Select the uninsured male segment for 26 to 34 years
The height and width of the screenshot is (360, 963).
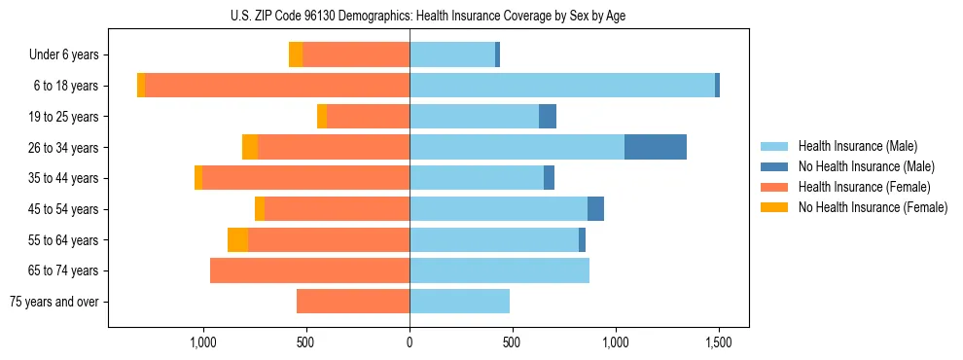[656, 147]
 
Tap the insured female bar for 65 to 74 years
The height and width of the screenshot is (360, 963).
[309, 270]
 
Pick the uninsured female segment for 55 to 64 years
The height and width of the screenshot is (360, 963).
[237, 239]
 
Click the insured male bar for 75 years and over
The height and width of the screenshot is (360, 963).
[459, 302]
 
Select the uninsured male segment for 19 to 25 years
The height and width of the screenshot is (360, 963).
[548, 117]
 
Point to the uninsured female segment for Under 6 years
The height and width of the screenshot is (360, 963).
[296, 54]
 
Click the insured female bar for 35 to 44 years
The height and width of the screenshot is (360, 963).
[305, 178]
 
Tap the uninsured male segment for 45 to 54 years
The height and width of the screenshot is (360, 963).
[595, 209]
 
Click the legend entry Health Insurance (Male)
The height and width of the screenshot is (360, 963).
[857, 146]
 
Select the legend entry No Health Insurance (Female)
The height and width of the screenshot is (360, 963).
[873, 207]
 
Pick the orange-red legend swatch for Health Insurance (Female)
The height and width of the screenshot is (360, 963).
[774, 187]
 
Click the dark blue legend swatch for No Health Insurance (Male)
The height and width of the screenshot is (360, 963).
[774, 166]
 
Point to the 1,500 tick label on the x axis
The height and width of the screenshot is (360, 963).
[719, 342]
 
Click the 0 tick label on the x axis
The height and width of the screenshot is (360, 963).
[410, 342]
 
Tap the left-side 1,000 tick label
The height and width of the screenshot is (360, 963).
[203, 342]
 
